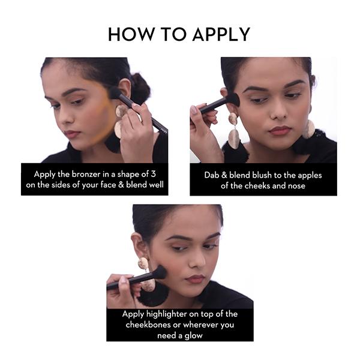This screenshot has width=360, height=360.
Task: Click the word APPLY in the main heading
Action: (x=221, y=34)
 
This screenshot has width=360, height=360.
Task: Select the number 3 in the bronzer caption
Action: (x=154, y=174)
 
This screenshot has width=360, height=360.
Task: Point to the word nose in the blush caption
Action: (x=296, y=186)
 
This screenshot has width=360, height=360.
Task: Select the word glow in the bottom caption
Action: (x=194, y=335)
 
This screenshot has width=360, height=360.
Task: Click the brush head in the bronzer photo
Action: (x=115, y=92)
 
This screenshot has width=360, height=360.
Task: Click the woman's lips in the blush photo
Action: (x=280, y=131)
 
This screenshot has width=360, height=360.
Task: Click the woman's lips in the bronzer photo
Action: (x=71, y=134)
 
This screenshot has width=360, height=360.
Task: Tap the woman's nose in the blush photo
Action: (x=279, y=112)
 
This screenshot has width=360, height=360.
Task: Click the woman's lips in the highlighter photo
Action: (x=195, y=279)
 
